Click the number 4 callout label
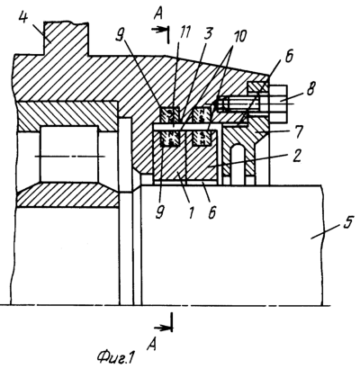click(x=23, y=19)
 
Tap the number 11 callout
click(x=184, y=32)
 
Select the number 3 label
click(x=208, y=34)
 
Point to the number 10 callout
click(x=238, y=36)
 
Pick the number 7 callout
click(x=299, y=131)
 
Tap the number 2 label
click(x=296, y=157)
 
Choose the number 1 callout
click(x=190, y=212)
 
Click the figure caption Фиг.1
click(x=114, y=357)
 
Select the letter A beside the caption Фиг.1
click(x=152, y=345)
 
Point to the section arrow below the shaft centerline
click(x=164, y=328)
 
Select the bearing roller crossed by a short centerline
click(x=69, y=154)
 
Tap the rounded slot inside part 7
click(x=238, y=159)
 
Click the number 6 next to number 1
click(x=212, y=212)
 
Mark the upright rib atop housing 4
click(x=66, y=39)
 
